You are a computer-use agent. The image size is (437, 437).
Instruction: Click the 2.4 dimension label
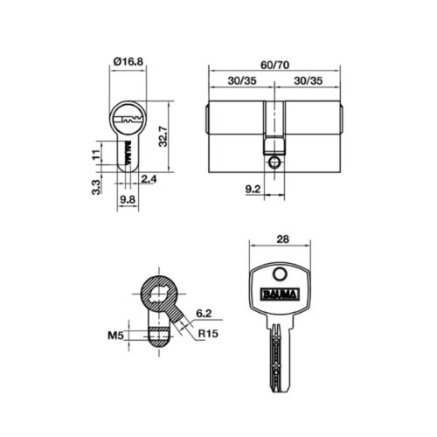tap(149, 179)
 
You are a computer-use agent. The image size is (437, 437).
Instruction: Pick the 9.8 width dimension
tap(128, 198)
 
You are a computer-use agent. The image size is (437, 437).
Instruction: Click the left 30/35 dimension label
tap(241, 80)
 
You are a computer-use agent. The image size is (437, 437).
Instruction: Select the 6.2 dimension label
tap(203, 312)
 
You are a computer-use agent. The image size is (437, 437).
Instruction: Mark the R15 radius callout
tap(206, 334)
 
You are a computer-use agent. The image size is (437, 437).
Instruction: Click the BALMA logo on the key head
tap(280, 294)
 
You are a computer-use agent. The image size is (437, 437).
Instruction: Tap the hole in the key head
tap(280, 273)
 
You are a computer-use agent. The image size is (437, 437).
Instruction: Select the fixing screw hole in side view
tap(274, 162)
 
